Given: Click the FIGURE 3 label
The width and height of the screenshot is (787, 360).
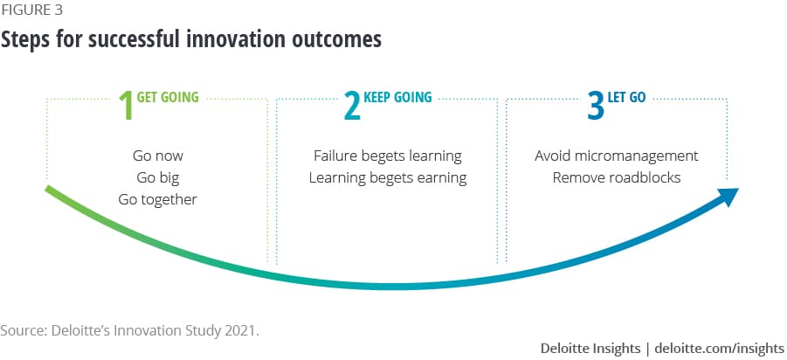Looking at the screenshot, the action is [x=31, y=10].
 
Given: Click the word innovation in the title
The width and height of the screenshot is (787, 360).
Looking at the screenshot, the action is [x=243, y=39].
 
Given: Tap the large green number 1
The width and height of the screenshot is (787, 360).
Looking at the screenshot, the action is [x=126, y=105].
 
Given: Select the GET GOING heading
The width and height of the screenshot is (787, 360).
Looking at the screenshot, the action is [x=168, y=97].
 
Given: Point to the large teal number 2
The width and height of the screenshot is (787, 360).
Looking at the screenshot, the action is [x=352, y=105].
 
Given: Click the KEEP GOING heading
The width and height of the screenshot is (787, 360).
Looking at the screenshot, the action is [x=397, y=97].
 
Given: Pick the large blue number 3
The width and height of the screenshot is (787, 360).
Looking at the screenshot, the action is [x=596, y=105].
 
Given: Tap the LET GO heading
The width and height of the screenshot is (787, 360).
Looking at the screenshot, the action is [x=626, y=97].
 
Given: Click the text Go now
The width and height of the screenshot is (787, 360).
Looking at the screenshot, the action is [x=157, y=156].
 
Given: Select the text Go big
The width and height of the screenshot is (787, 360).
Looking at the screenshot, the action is [x=157, y=177].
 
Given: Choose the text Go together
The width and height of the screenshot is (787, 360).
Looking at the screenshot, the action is [x=157, y=200].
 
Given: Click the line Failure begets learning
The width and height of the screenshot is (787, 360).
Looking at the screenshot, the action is [x=388, y=156].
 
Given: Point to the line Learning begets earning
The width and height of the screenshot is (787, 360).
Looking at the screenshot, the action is [x=388, y=177].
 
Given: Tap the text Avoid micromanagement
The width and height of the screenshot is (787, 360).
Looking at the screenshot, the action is [x=617, y=156].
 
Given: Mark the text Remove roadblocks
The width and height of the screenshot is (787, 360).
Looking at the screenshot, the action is [x=617, y=177].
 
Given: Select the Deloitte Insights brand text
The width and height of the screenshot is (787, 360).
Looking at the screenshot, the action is [x=590, y=348].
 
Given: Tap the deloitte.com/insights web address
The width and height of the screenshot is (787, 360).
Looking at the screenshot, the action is [x=719, y=348].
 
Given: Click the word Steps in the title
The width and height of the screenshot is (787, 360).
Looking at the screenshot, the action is [x=25, y=39].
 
